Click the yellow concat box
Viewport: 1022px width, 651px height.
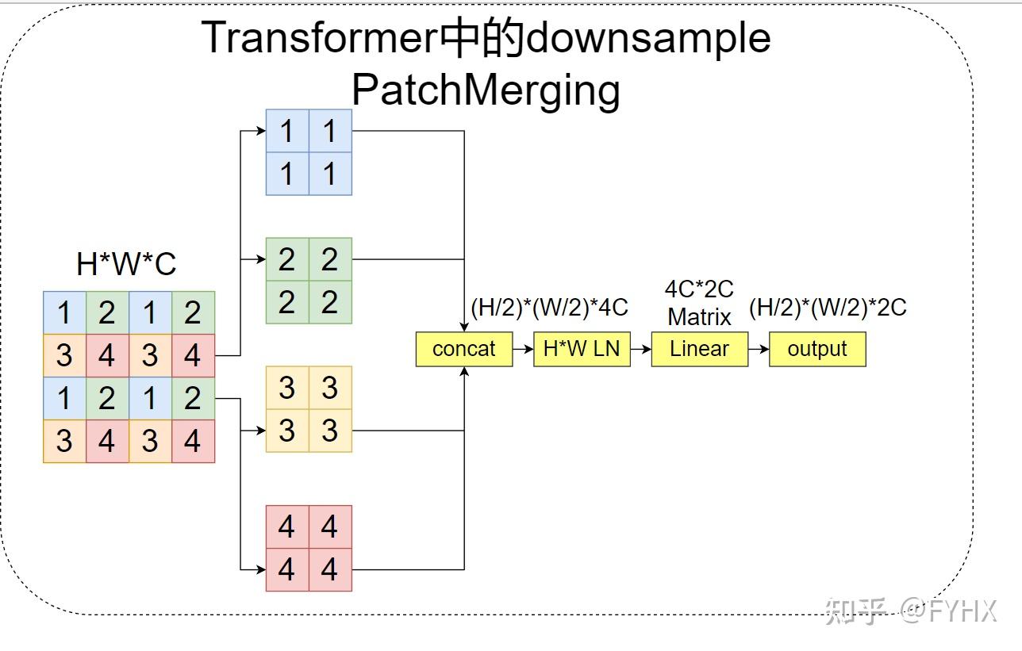463,349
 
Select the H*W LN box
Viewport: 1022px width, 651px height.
582,349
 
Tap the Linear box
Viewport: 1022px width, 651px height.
699,349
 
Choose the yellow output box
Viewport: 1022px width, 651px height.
816,349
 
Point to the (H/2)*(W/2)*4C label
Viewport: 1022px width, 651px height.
549,308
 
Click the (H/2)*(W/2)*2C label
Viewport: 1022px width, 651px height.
828,308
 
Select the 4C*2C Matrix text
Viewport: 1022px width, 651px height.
699,303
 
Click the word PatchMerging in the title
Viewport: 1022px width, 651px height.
486,90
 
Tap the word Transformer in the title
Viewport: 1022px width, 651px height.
320,37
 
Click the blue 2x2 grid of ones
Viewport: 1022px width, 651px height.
309,152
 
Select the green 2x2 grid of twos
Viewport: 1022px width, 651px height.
309,281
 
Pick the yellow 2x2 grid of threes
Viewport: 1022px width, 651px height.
309,409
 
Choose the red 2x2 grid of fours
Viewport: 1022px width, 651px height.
309,548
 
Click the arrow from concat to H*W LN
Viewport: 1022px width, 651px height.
523,349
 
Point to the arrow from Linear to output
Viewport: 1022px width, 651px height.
759,349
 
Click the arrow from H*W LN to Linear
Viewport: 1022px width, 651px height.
640,349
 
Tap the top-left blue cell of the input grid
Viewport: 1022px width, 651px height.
64,313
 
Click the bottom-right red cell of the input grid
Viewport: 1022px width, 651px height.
193,442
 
